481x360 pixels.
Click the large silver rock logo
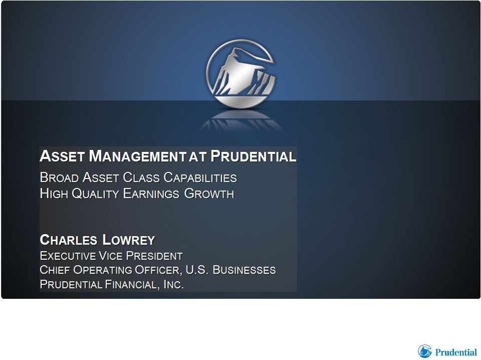[240, 74]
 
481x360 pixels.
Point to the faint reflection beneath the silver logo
[240, 120]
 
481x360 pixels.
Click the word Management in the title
[137, 156]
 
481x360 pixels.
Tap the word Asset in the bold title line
[62, 156]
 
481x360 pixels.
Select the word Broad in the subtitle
[59, 177]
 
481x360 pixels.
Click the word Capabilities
[200, 177]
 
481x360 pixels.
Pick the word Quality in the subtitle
[95, 194]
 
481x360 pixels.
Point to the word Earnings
[151, 194]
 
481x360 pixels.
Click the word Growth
[209, 194]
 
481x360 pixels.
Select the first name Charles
[69, 240]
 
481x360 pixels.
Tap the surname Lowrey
[129, 240]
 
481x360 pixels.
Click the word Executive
[68, 256]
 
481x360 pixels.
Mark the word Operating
[102, 270]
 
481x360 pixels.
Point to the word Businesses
[244, 270]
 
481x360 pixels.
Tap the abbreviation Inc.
[174, 284]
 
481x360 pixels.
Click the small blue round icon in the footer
[424, 351]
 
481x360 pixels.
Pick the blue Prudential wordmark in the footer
[456, 351]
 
